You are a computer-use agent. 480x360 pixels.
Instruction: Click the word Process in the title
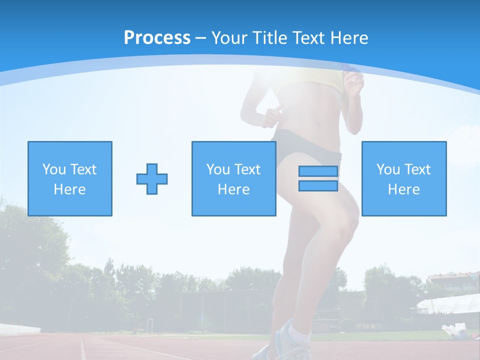[157, 37]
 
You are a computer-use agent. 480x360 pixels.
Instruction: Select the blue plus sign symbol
[152, 179]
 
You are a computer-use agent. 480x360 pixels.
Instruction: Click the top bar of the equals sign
[318, 171]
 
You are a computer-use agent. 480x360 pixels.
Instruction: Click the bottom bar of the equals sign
[318, 186]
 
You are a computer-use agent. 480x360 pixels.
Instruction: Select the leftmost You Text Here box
[69, 178]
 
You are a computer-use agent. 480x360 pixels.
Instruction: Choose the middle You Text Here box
[233, 178]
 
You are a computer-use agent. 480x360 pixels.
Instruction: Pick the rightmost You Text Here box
[403, 178]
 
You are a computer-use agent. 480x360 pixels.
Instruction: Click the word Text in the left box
[83, 169]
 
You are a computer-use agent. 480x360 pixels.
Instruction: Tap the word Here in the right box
[403, 189]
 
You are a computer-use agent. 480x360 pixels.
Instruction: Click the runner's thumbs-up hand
[272, 115]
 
